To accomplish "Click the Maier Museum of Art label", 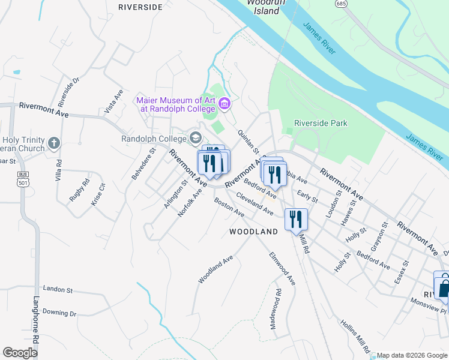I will point(175,104).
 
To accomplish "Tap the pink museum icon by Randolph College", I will point(225,104).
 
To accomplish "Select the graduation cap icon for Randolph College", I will point(194,139).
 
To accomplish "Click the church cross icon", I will point(54,143).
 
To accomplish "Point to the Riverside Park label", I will point(321,123).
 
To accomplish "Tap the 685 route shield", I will point(342,4).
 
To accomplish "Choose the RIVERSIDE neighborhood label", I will point(140,7).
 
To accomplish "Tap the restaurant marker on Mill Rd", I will point(296,219).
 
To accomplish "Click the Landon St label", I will point(58,289).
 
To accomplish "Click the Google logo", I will point(20,353).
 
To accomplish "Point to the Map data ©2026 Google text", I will point(412,355).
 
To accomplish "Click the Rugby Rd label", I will point(79,190).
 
